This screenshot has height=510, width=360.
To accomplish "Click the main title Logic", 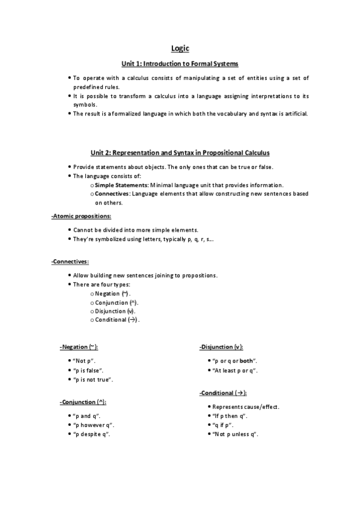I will (180, 49).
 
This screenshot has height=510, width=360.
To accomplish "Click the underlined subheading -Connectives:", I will (70, 261).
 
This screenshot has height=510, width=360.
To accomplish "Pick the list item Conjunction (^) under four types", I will (117, 302).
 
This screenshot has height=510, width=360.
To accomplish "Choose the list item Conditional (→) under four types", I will (117, 319).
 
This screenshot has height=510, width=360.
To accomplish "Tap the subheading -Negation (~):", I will (79, 348).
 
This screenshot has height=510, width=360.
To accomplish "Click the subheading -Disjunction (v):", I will (221, 348).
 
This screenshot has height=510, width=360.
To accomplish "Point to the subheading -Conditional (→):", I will (222, 393).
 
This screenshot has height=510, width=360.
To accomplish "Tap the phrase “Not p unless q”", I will (235, 434).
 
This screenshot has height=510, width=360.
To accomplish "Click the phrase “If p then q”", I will (230, 416).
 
